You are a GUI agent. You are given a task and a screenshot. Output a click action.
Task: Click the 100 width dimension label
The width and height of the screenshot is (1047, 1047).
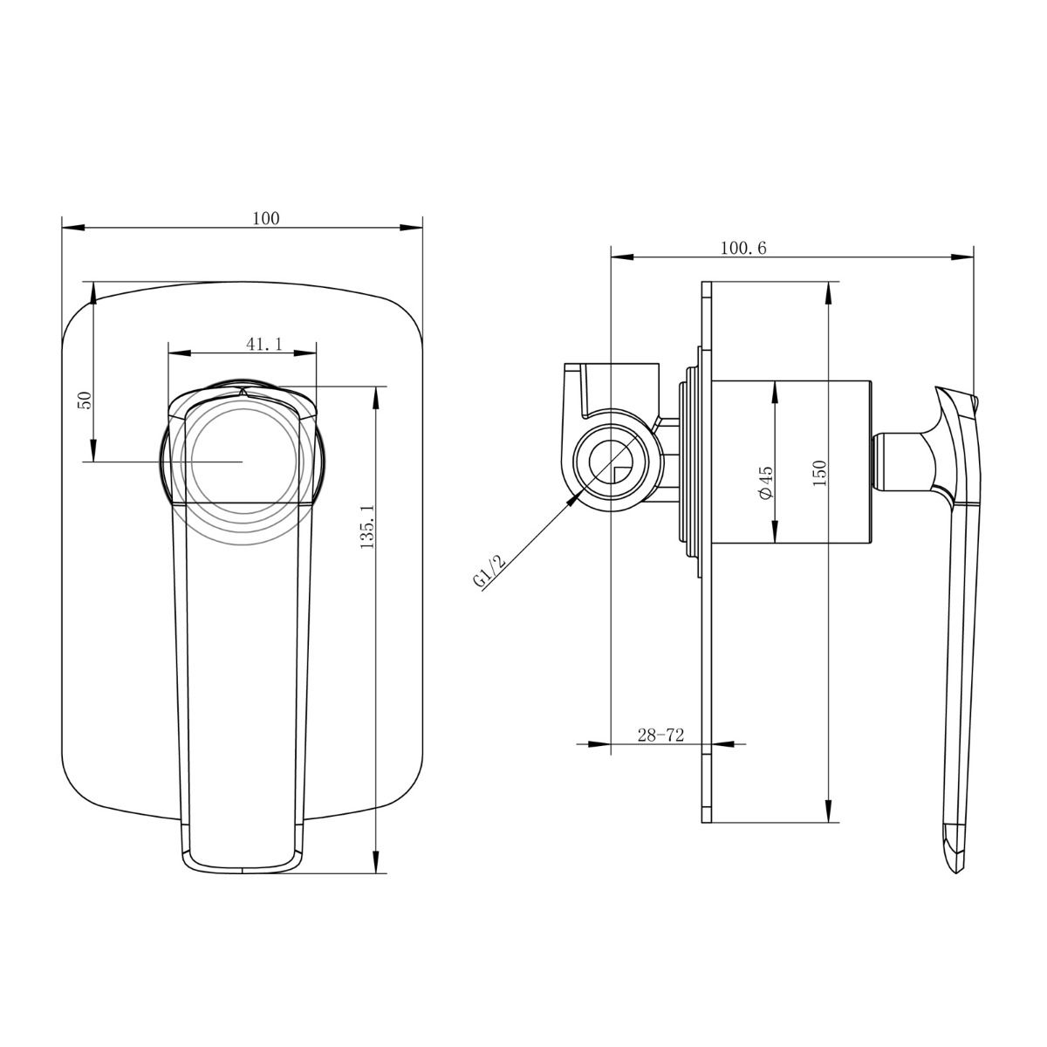point(266,218)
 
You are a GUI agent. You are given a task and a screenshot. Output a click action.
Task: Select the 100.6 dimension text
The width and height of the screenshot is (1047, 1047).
point(742,248)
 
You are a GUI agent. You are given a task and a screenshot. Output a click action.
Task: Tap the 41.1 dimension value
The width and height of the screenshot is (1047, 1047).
point(263,344)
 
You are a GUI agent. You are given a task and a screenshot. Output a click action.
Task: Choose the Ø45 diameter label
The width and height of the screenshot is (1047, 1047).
point(765,482)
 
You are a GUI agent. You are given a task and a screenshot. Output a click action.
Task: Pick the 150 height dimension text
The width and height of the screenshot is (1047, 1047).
point(818,472)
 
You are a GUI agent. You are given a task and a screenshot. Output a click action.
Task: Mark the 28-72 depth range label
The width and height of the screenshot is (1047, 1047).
point(660,736)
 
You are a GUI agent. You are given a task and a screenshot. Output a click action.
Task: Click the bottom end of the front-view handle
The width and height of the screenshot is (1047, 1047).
point(242,870)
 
